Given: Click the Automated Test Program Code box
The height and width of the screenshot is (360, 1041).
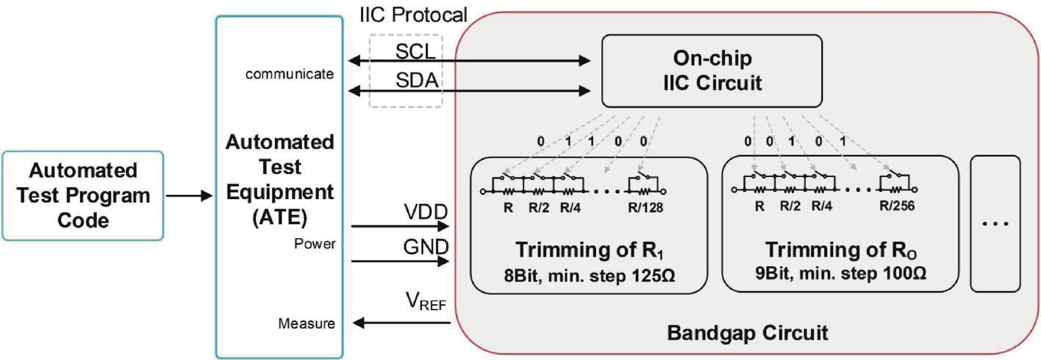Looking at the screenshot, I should tap(83, 196).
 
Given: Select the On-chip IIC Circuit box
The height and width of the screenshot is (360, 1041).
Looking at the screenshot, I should tap(712, 71).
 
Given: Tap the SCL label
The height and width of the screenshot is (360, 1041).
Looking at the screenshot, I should tap(415, 51).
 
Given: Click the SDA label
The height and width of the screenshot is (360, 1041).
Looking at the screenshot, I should tap(417, 80).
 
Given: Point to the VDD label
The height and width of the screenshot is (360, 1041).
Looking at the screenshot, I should tap(426, 212).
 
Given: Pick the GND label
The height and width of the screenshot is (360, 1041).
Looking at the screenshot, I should tap(426, 246).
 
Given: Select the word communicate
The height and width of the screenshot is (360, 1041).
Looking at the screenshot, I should tap(289, 74).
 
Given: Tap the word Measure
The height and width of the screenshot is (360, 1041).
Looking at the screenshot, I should tap(306, 323).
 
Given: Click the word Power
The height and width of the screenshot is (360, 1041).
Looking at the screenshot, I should tap(314, 244).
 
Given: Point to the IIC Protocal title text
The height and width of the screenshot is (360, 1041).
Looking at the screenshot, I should tap(413, 15).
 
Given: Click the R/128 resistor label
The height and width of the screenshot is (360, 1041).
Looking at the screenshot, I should tap(645, 208).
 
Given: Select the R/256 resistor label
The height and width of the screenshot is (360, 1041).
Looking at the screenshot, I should tap(897, 206).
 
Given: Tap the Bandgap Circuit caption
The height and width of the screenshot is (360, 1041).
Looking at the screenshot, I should tap(747, 333).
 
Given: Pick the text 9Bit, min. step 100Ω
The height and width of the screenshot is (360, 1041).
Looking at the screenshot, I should tap(840, 273).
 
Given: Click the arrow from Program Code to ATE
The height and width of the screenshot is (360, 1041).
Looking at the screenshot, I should tap(189, 196).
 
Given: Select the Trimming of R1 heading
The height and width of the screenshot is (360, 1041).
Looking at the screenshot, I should tap(589, 250).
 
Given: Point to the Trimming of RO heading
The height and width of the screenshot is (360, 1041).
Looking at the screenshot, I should tap(840, 250).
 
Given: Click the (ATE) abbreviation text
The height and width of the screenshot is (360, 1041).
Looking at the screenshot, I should tap(280, 217).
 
